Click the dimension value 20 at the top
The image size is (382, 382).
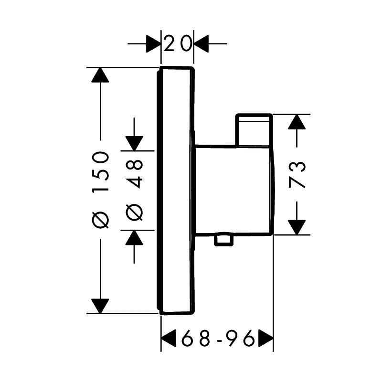pos(177,43)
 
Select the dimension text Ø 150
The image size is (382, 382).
pos(100,190)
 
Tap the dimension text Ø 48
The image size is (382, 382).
pos(134,190)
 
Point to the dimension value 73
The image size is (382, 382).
pos(297,174)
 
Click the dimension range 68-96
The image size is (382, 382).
pos(218,338)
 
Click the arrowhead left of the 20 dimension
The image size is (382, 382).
pos(153,43)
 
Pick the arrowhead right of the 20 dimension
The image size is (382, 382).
pos(201,43)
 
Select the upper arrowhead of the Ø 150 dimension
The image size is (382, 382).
pos(100,75)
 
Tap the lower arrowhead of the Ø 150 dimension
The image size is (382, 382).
pos(100,306)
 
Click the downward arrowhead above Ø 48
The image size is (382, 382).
pos(134,144)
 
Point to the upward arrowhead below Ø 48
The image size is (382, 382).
pos(134,237)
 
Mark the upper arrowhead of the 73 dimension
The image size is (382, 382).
pos(297,122)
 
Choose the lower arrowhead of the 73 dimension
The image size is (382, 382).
pos(297,227)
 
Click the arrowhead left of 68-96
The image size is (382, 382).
pos(169,338)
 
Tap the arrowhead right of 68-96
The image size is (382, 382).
pos(266,338)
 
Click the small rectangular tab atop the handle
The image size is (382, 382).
pos(254,130)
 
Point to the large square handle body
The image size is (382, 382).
pos(234,190)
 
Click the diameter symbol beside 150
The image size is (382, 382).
pos(100,221)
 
